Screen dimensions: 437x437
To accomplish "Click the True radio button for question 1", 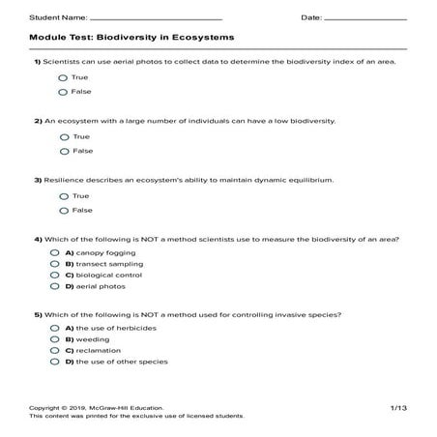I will pyautogui.click(x=63, y=76).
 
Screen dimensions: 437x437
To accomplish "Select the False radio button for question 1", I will pyautogui.click(x=63, y=92).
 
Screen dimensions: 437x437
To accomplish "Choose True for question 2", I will pyautogui.click(x=63, y=136).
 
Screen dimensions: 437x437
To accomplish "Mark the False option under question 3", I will pyautogui.click(x=63, y=210).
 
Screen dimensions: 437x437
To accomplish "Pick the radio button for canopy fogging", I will pyautogui.click(x=55, y=252).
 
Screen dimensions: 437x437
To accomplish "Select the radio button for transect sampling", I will pyautogui.click(x=55, y=264).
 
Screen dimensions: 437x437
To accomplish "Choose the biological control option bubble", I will pyautogui.click(x=55, y=276).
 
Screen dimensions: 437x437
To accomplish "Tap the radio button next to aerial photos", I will pyautogui.click(x=55, y=287).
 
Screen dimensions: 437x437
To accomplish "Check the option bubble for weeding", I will pyautogui.click(x=55, y=339).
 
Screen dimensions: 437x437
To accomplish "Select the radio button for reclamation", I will pyautogui.click(x=55, y=351).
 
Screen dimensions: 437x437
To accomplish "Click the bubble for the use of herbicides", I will pyautogui.click(x=55, y=328).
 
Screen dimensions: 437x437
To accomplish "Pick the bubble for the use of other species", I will pyautogui.click(x=55, y=363).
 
